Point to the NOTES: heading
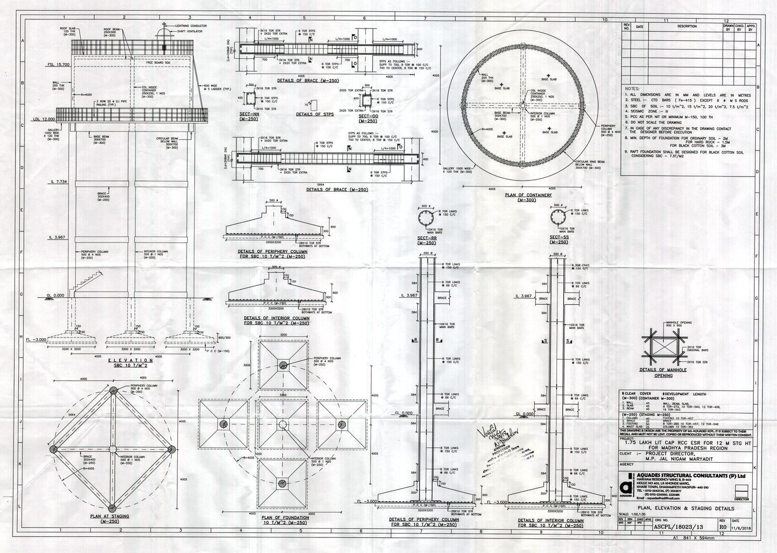pyautogui.click(x=632, y=89)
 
